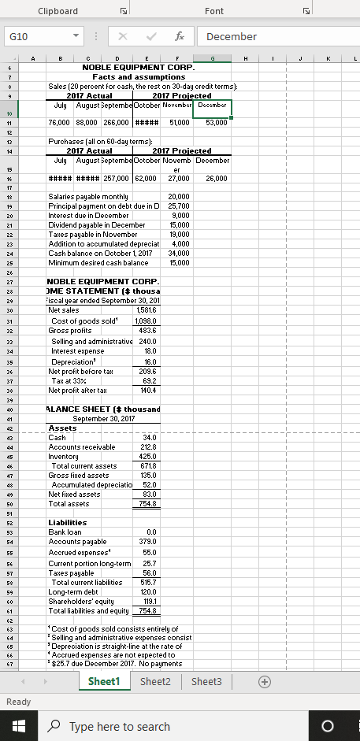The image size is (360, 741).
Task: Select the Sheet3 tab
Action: [x=206, y=681]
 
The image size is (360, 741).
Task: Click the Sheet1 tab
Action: [x=109, y=681]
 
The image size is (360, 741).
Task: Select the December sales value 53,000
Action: [x=216, y=123]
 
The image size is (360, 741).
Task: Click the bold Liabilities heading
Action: [x=68, y=523]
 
